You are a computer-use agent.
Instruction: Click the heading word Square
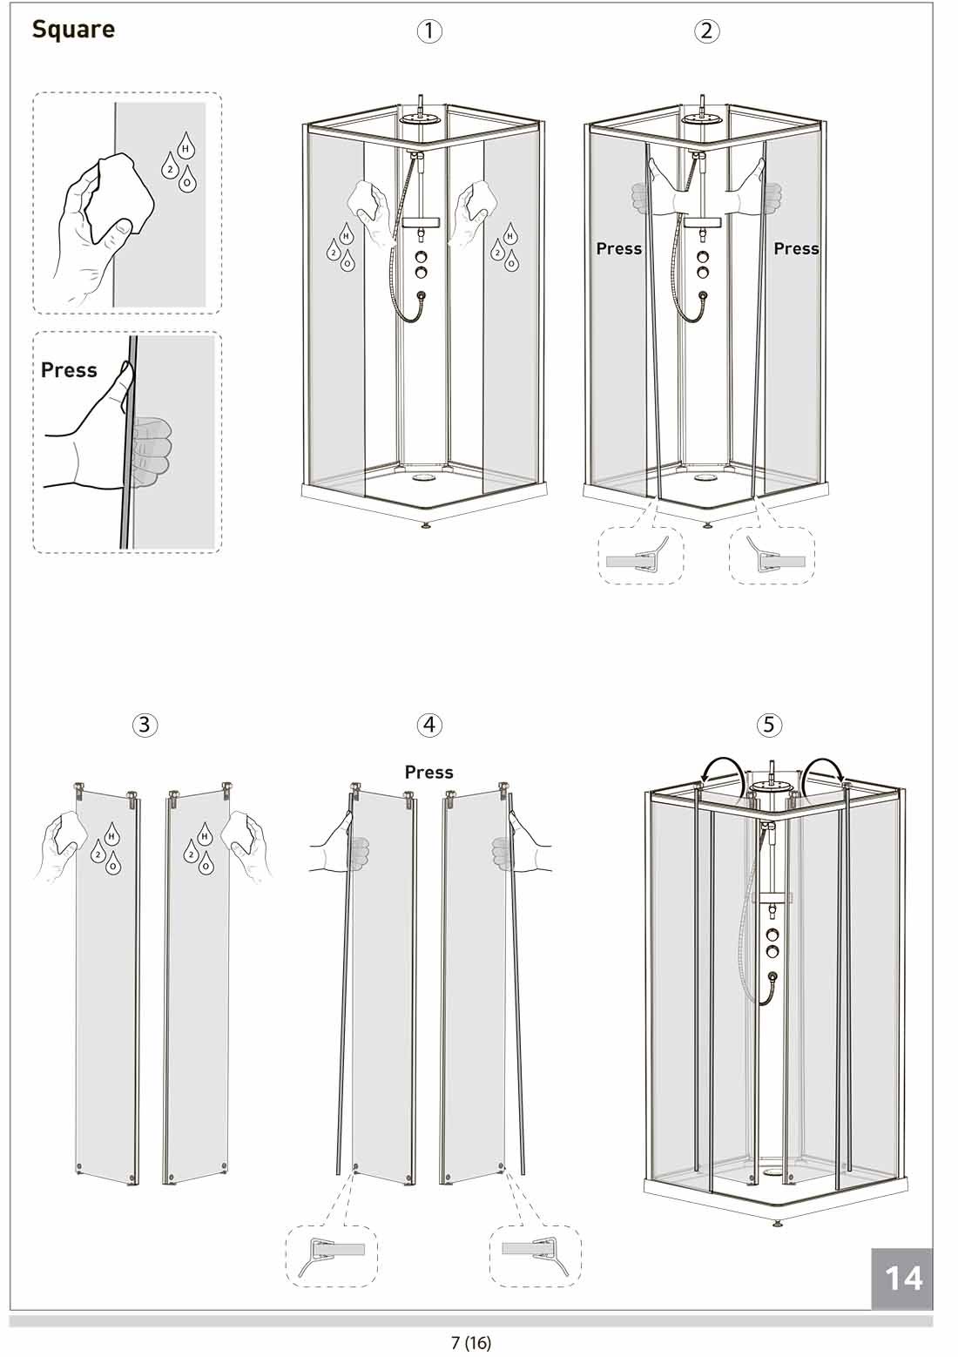(73, 30)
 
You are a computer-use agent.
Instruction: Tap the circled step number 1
(429, 30)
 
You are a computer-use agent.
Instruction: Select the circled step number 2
(706, 30)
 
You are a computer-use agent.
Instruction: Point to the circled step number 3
(145, 725)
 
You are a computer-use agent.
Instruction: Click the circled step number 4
(429, 725)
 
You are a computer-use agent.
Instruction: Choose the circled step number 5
(769, 725)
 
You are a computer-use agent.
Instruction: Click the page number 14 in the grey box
(903, 1279)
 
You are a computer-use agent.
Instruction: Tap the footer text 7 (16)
(471, 1341)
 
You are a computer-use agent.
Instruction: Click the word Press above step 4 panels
(428, 773)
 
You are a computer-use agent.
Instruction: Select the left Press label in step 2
(619, 248)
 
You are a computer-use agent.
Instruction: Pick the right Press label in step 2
(796, 248)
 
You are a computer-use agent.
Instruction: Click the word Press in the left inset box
(69, 370)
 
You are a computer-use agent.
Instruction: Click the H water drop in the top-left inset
(186, 145)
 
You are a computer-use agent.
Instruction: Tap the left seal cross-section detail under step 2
(641, 555)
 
